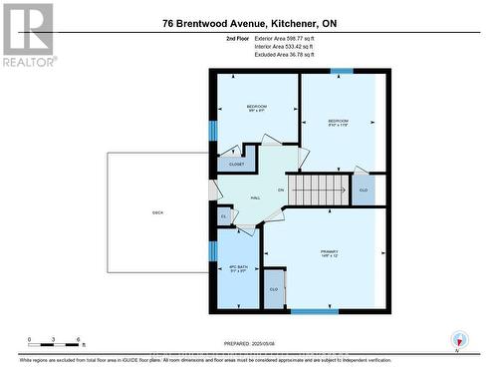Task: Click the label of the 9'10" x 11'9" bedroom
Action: pos(339,123)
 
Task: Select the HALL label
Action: pos(255,197)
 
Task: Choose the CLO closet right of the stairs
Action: pos(364,189)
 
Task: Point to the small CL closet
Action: pos(223,215)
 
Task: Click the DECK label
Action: pos(157,212)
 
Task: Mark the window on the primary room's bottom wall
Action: pos(314,311)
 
